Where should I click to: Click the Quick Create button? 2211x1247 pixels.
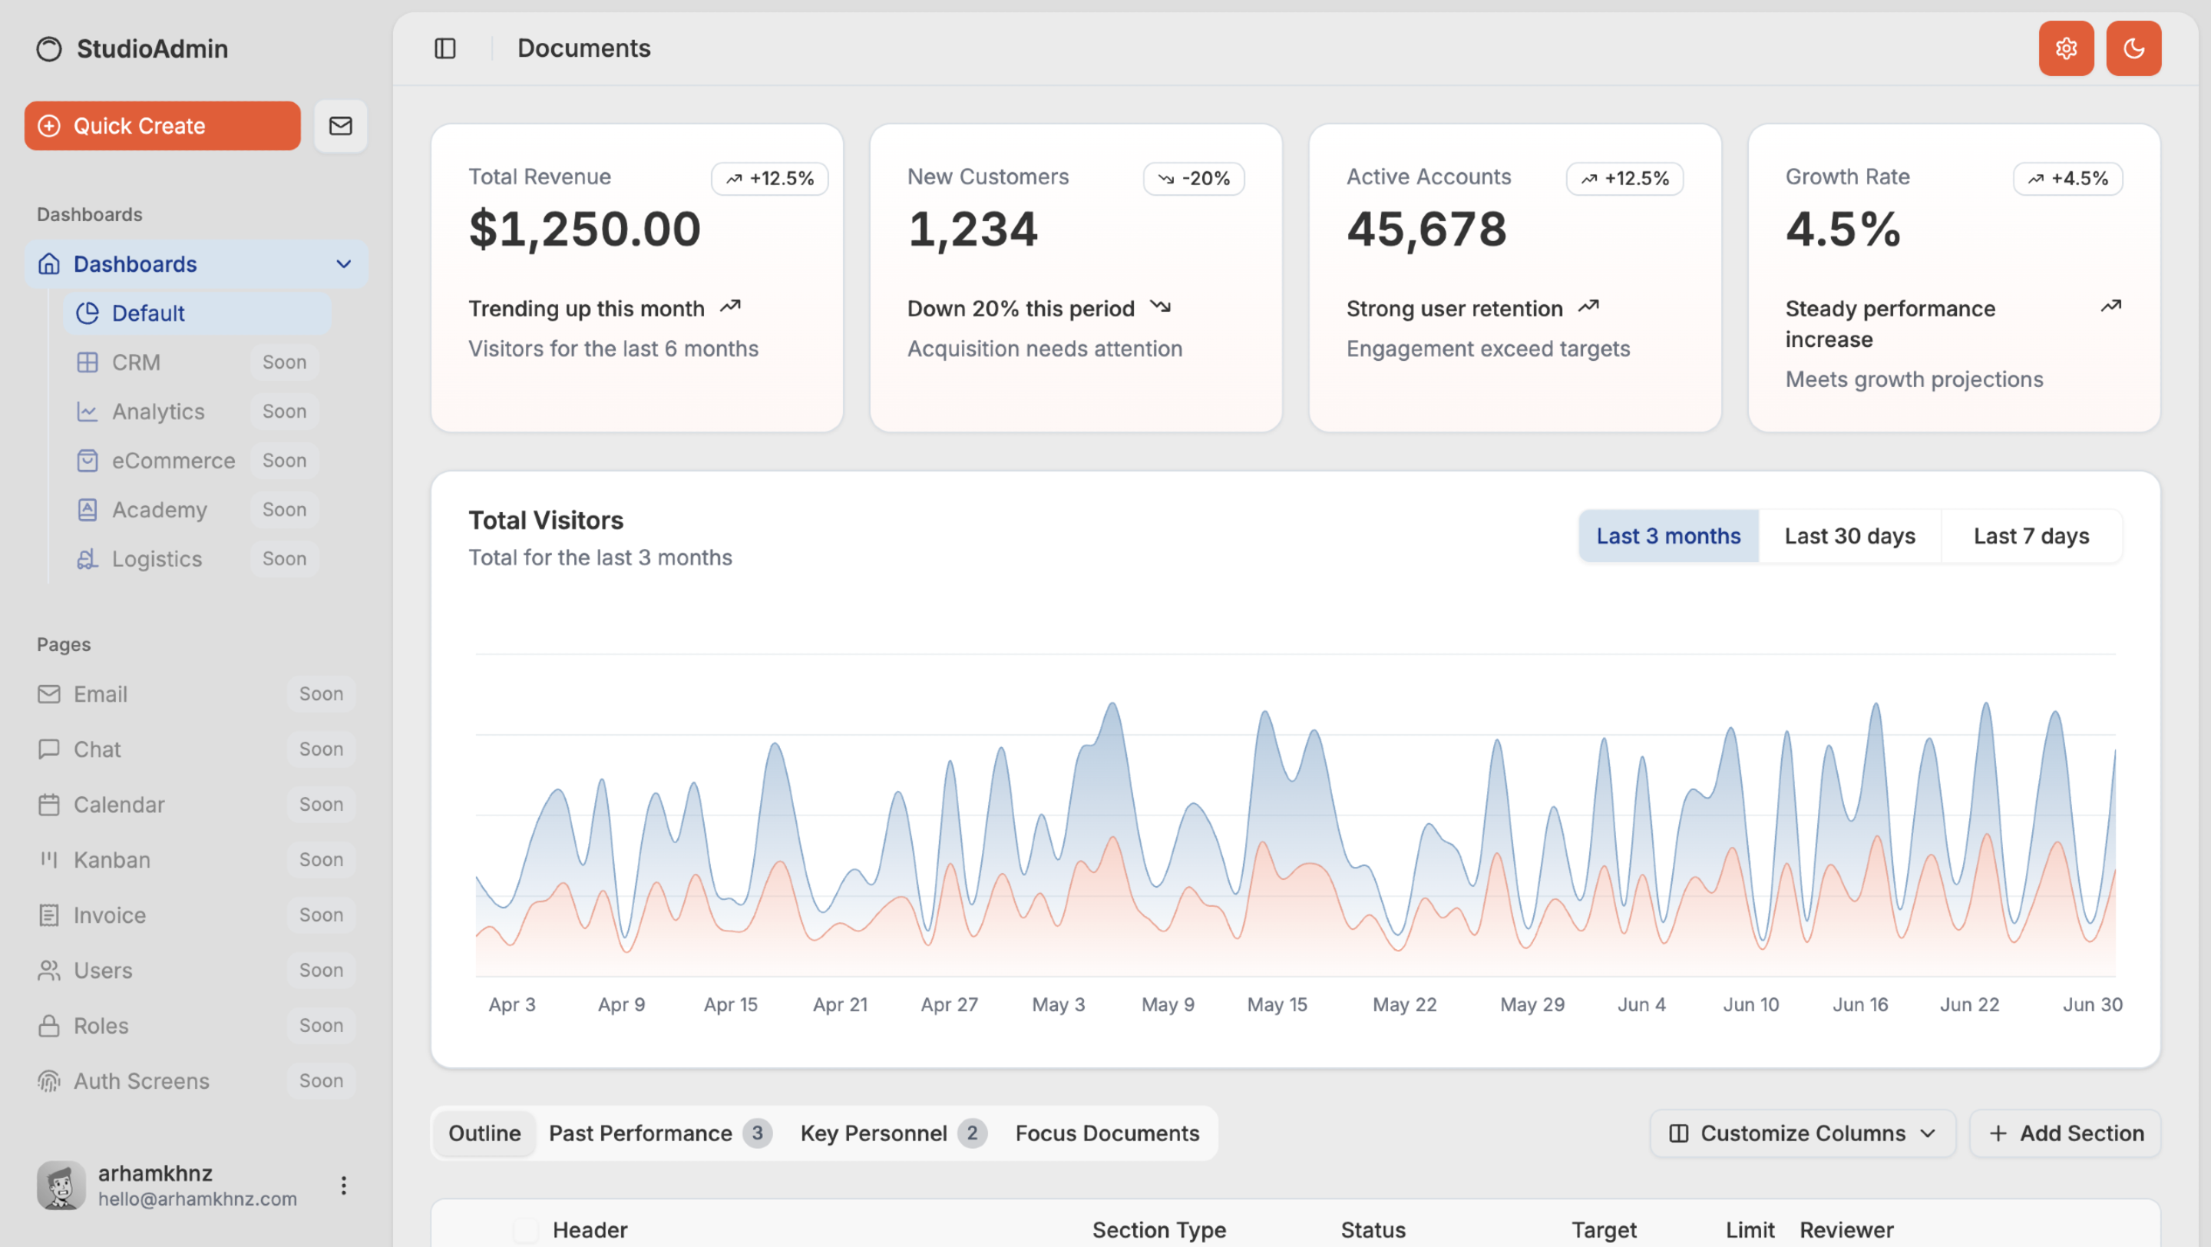[162, 126]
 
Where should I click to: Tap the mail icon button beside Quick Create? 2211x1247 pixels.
[341, 126]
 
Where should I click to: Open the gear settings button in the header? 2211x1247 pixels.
[2066, 48]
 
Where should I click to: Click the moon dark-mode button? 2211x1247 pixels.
[2133, 48]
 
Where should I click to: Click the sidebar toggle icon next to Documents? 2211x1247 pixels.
[445, 48]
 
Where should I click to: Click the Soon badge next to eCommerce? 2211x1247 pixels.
[284, 461]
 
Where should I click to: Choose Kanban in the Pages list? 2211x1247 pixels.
[111, 860]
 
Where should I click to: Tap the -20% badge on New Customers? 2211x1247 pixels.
[1194, 178]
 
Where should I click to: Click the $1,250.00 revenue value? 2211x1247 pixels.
[584, 229]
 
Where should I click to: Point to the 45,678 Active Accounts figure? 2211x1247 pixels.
[1426, 229]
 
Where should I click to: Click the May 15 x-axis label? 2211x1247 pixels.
[1277, 1005]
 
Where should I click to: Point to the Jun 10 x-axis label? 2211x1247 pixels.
[1751, 1005]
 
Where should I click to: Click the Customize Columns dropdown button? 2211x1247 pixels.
[1803, 1133]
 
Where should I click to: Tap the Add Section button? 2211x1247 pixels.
[2065, 1133]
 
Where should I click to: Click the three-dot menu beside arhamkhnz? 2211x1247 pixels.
[343, 1186]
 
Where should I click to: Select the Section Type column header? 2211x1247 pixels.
[1158, 1231]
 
